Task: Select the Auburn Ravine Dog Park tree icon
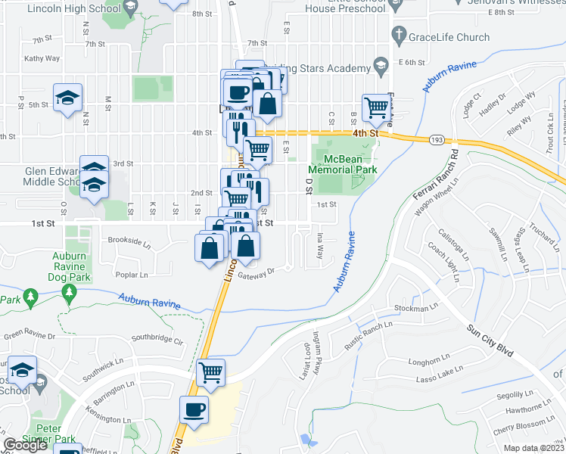[69, 293]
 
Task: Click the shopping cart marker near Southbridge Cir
[210, 372]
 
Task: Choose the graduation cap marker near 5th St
[67, 98]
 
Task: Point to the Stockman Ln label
[416, 309]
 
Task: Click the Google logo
[26, 445]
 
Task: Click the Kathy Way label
[42, 58]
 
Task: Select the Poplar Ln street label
[131, 274]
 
